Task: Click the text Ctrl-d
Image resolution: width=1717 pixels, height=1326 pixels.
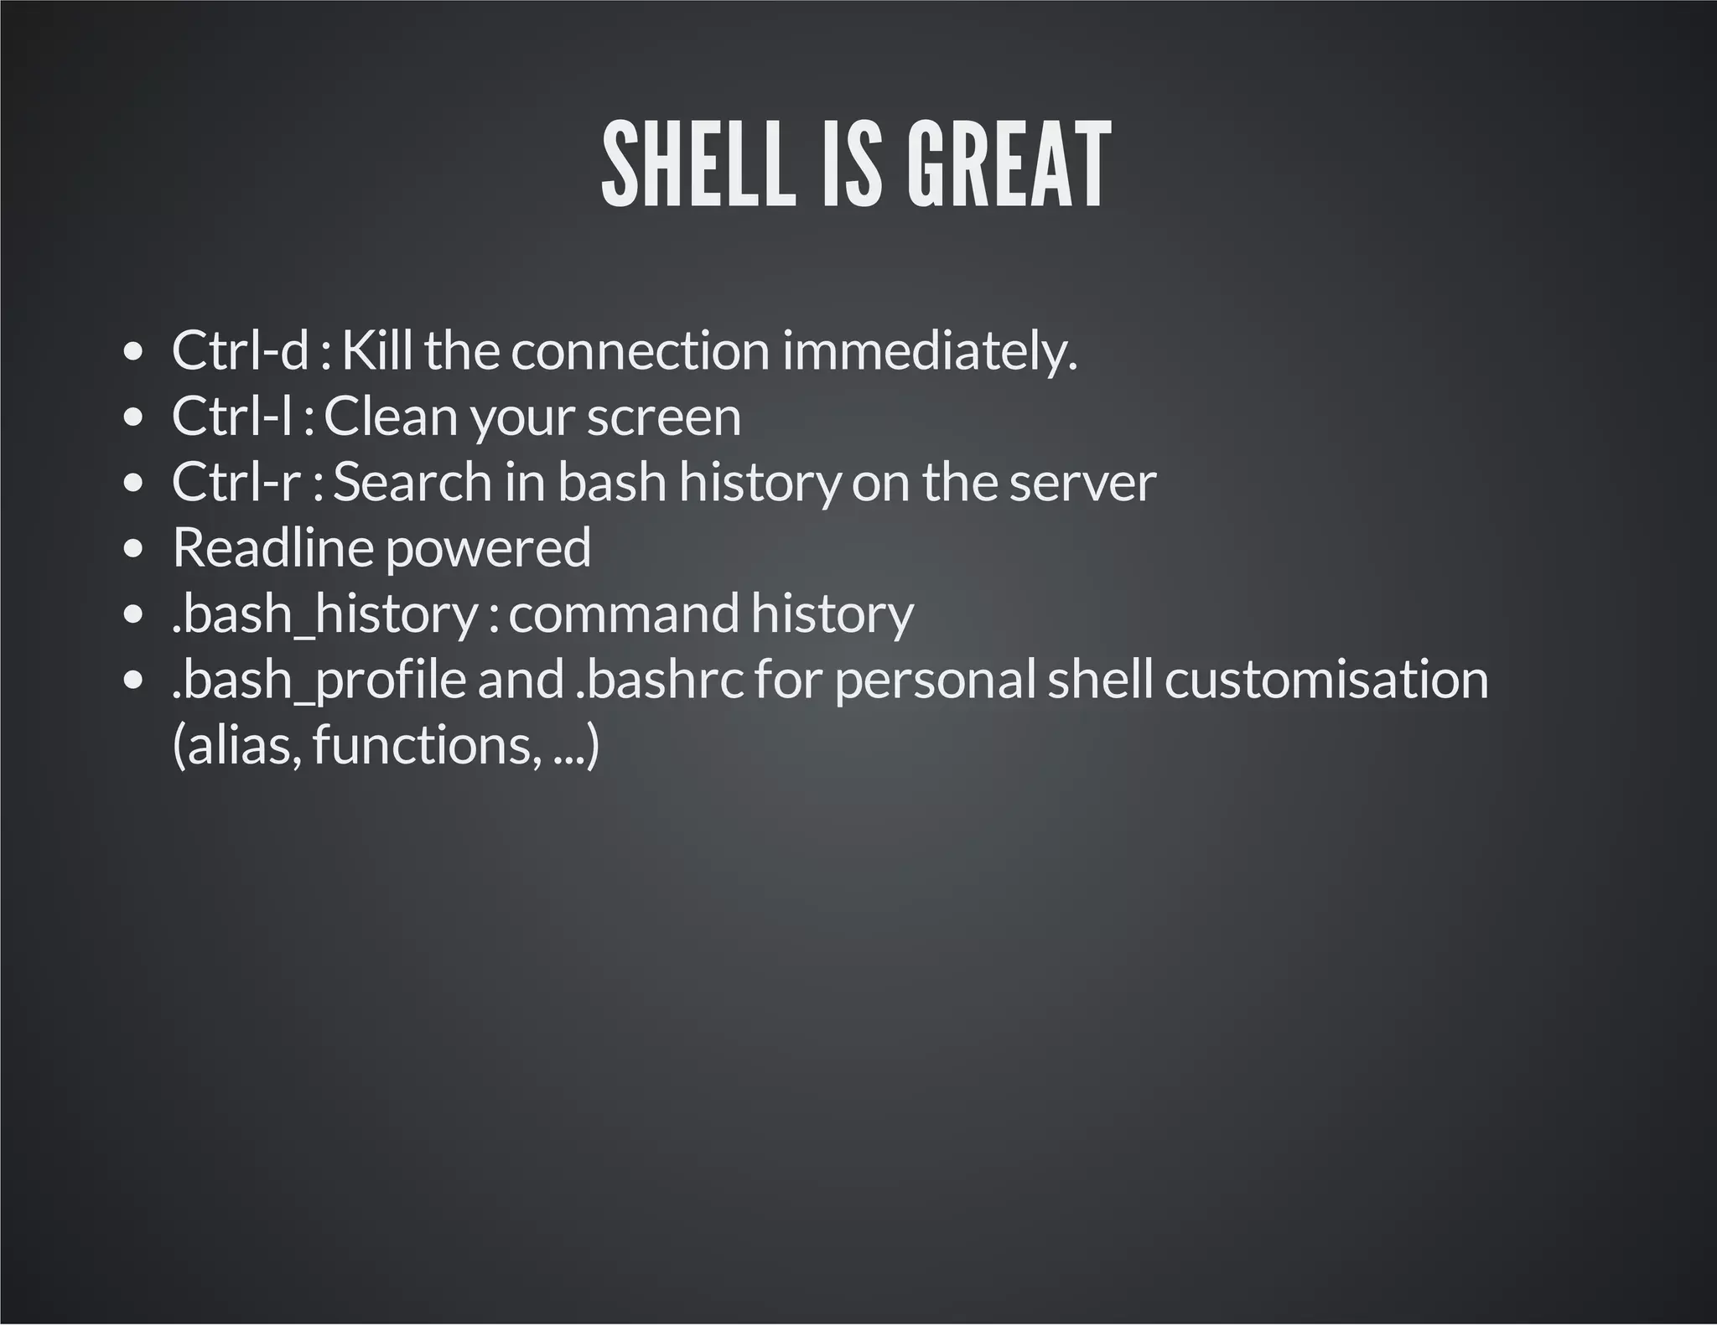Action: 241,350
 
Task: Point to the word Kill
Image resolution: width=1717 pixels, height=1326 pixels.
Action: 376,350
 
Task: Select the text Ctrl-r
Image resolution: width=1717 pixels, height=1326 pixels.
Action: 236,482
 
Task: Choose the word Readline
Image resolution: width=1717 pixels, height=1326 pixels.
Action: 272,547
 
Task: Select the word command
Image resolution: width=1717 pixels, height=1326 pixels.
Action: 624,614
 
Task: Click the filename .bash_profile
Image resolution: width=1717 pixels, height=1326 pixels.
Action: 319,680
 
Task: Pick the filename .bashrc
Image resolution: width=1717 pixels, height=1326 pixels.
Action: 659,679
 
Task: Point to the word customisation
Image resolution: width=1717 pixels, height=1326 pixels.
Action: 1325,679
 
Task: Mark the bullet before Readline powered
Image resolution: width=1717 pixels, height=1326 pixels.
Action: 132,550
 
